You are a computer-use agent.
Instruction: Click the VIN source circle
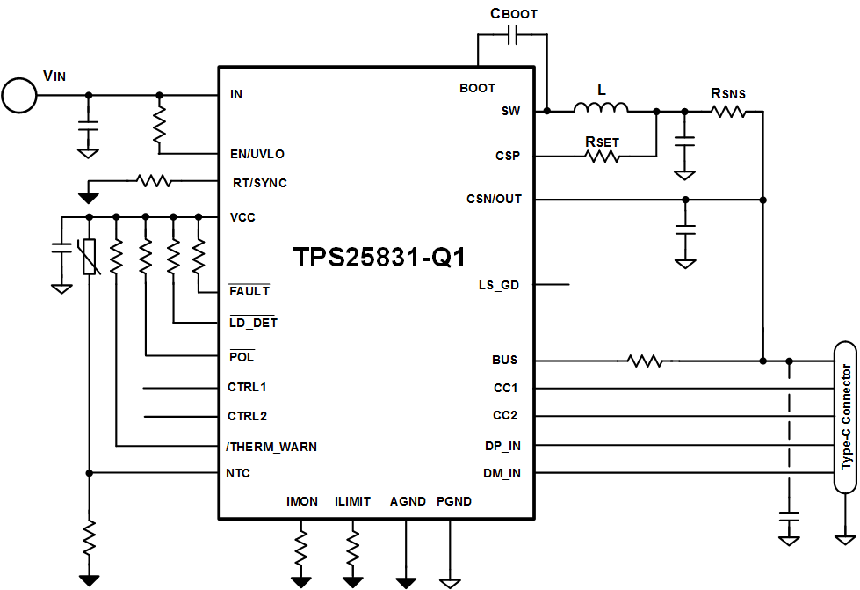pyautogui.click(x=19, y=95)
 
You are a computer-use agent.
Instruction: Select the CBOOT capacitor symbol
pyautogui.click(x=513, y=35)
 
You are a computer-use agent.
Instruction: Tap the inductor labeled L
pyautogui.click(x=601, y=108)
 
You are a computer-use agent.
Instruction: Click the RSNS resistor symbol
pyautogui.click(x=728, y=111)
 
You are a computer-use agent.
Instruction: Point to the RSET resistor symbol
pyautogui.click(x=602, y=156)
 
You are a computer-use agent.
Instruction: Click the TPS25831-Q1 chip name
pyautogui.click(x=379, y=258)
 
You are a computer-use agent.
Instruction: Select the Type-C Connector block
pyautogui.click(x=845, y=418)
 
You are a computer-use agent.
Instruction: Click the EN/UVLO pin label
pyautogui.click(x=257, y=154)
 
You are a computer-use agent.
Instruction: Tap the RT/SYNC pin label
pyautogui.click(x=258, y=183)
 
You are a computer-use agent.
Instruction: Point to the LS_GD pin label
pyautogui.click(x=498, y=285)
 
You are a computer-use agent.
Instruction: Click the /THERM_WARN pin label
pyautogui.click(x=271, y=447)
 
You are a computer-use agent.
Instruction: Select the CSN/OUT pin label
pyautogui.click(x=494, y=199)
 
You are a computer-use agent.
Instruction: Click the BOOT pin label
pyautogui.click(x=477, y=88)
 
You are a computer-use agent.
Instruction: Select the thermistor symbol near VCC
pyautogui.click(x=89, y=255)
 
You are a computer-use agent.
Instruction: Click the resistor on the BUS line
pyautogui.click(x=643, y=361)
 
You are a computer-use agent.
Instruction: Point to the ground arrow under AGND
pyautogui.click(x=406, y=581)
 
